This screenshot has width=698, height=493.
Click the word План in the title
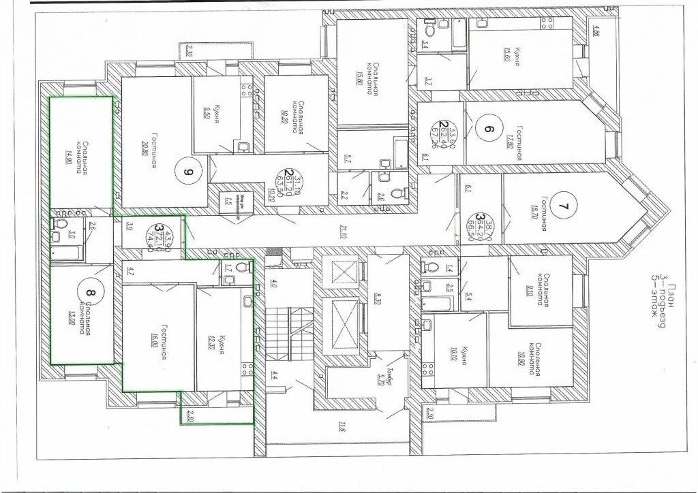tap(671, 294)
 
